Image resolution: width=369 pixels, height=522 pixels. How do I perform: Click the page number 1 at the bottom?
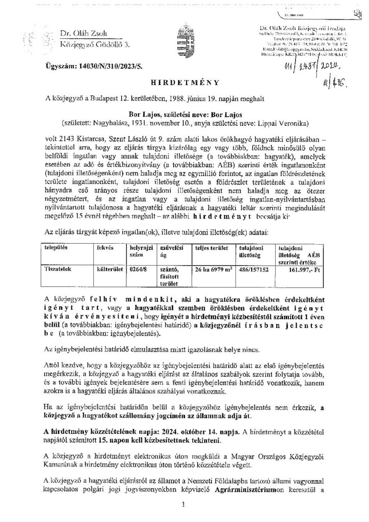184,505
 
